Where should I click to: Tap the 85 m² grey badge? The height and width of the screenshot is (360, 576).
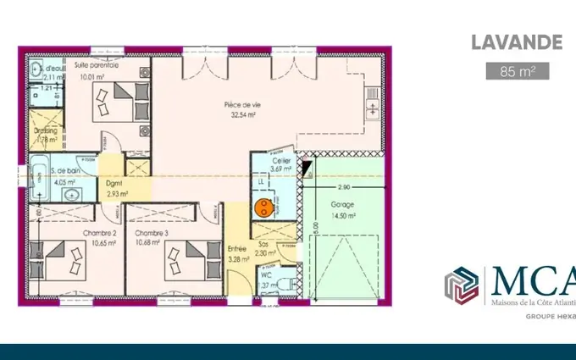(x=518, y=71)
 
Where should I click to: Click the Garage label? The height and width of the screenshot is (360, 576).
(x=343, y=205)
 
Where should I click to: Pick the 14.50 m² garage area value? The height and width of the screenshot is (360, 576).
(x=343, y=215)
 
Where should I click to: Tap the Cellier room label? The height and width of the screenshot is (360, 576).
(x=282, y=161)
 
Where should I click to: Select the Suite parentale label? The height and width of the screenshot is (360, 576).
(x=96, y=65)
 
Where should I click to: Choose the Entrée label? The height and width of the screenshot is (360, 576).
(x=238, y=248)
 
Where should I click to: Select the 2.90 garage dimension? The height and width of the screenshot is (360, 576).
(x=344, y=186)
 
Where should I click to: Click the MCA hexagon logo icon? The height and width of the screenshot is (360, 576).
(x=462, y=285)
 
